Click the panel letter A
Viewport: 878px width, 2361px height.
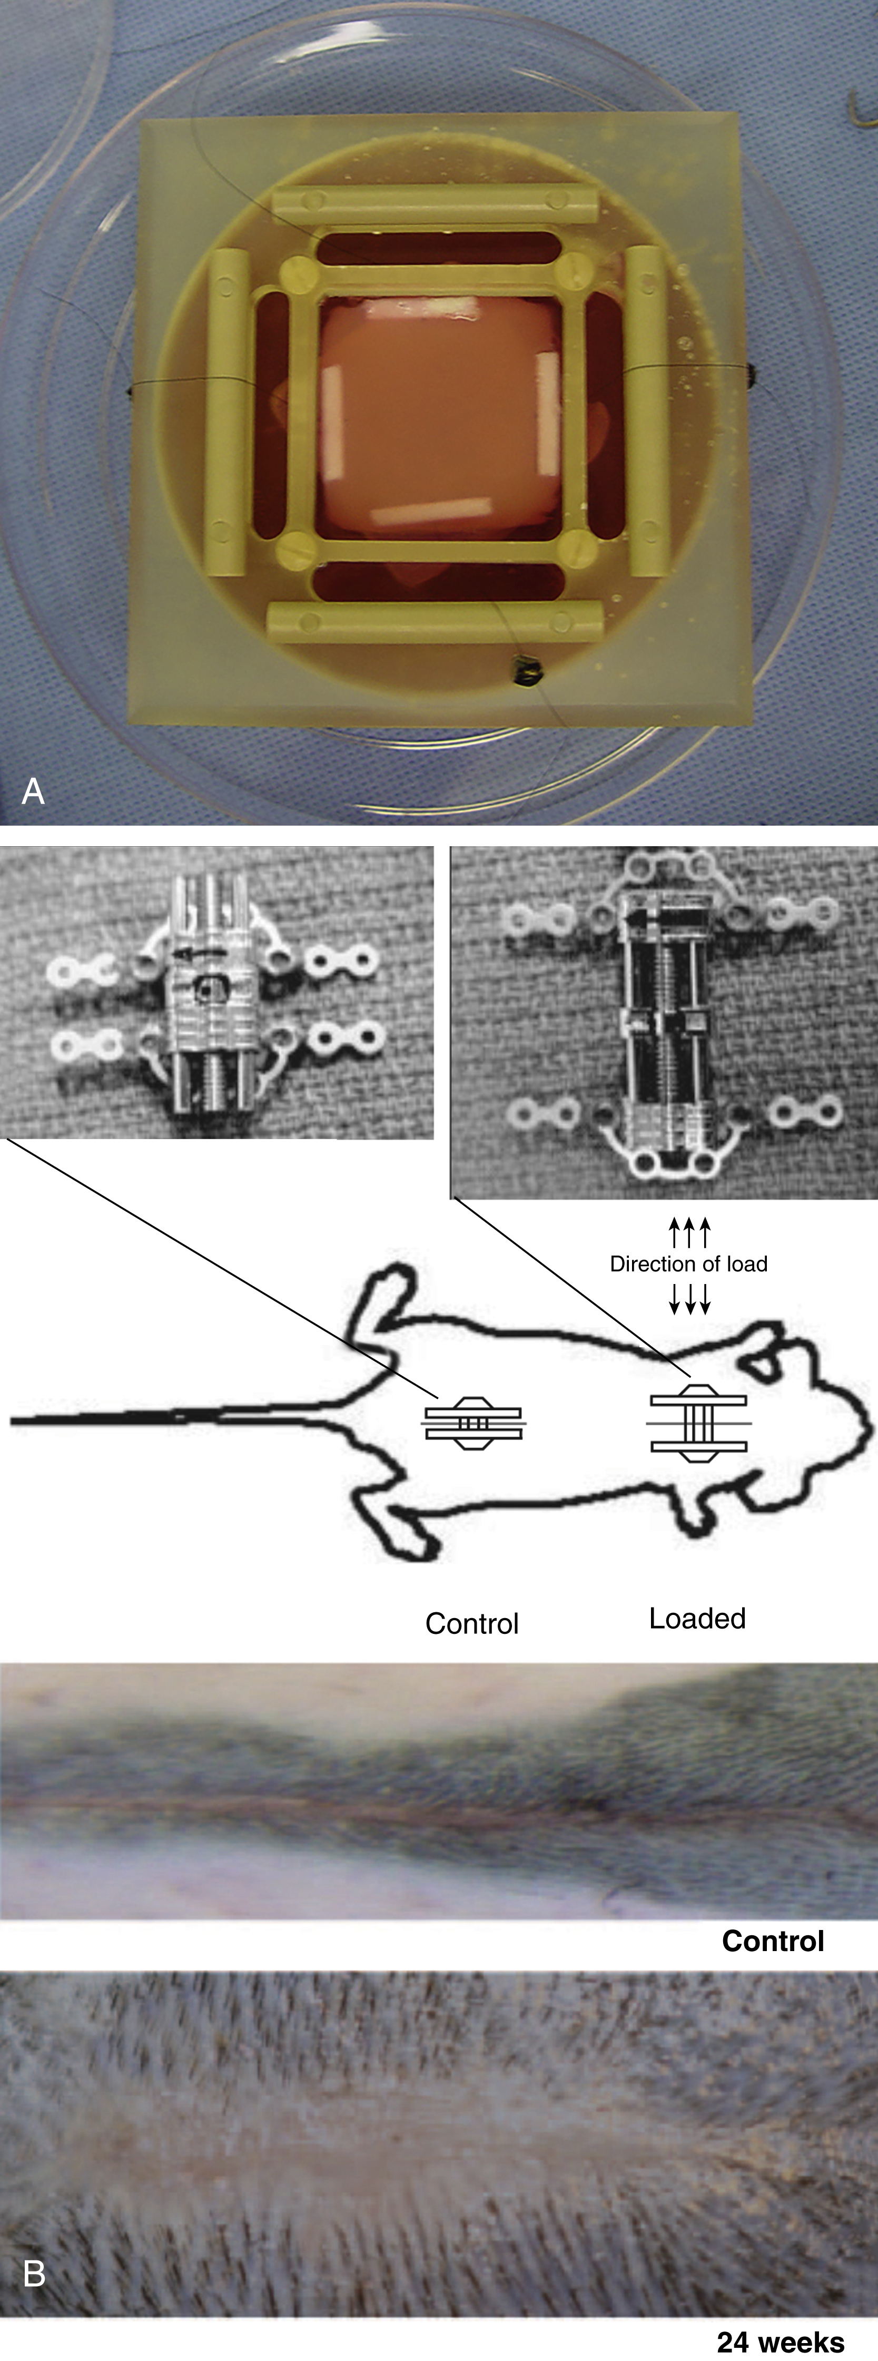(x=33, y=790)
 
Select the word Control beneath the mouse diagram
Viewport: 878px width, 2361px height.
(x=472, y=1623)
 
